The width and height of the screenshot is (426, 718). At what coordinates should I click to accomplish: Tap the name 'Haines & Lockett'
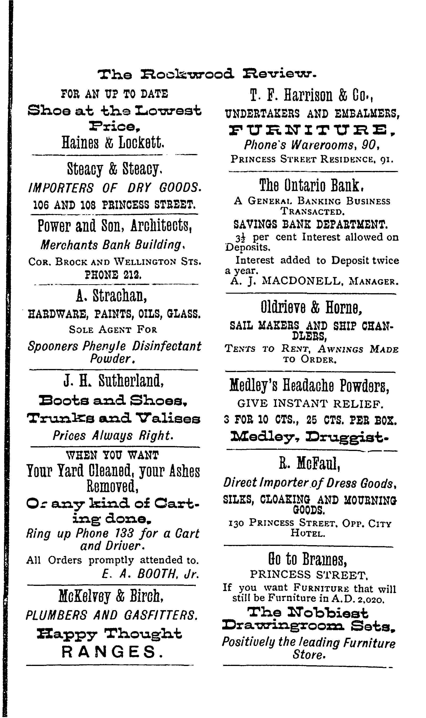coord(113,143)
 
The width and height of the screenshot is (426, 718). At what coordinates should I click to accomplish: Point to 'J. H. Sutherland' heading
coord(114,381)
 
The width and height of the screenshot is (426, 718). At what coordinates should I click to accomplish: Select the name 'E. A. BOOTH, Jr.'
coord(150,574)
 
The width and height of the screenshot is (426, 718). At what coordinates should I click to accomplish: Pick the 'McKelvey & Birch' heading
coord(111,596)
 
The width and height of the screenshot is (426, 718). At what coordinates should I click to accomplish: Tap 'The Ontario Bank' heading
coord(311,186)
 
